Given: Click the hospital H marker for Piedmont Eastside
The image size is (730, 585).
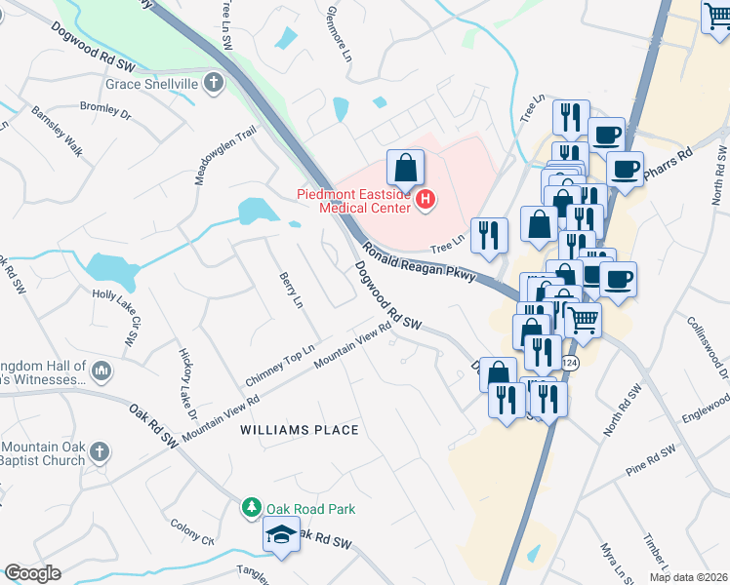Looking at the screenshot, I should coord(426,201).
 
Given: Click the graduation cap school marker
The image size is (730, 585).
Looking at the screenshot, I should coord(281,534).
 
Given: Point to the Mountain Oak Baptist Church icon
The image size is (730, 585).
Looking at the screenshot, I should coord(99,451).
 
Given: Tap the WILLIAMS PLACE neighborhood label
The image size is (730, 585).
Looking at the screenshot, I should coord(301,430).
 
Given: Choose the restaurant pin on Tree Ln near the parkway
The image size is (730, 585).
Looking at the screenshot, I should coord(488,234).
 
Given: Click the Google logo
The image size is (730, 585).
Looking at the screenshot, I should coord(32,573).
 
